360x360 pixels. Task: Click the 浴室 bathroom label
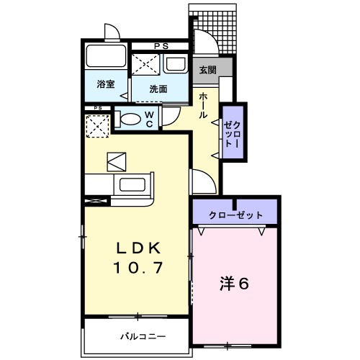tap(106, 84)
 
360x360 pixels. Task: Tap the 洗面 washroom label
tap(158, 89)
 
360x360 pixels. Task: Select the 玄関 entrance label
tap(207, 71)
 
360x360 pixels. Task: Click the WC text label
tap(149, 119)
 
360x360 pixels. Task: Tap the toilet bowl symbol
tap(130, 120)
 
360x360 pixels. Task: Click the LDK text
tap(141, 248)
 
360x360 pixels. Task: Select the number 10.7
tap(141, 268)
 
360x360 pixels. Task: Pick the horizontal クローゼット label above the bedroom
tap(235, 215)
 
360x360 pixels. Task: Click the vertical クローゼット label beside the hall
tap(232, 133)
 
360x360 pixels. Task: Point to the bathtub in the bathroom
tap(107, 58)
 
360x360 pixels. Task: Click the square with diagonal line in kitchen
tap(116, 161)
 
